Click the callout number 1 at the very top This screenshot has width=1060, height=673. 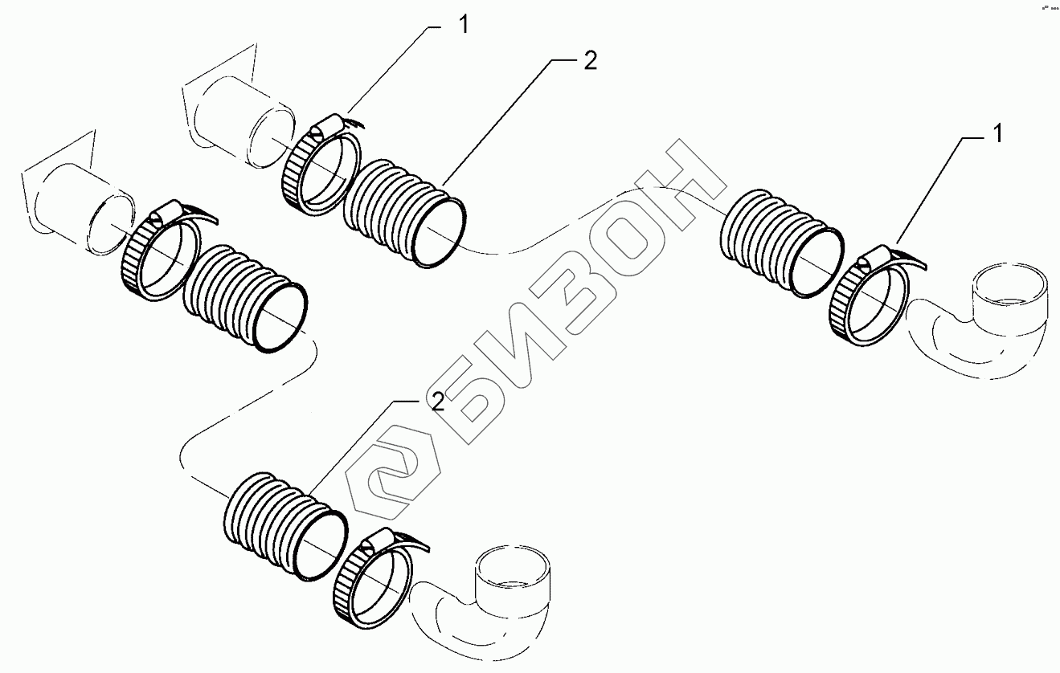pyautogui.click(x=463, y=24)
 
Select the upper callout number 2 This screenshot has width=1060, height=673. pyautogui.click(x=590, y=63)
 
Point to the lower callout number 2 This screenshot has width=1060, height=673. pyautogui.click(x=437, y=403)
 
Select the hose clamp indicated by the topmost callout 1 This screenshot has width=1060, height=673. pyautogui.click(x=320, y=168)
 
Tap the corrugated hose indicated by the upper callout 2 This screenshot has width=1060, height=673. pyautogui.click(x=406, y=213)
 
